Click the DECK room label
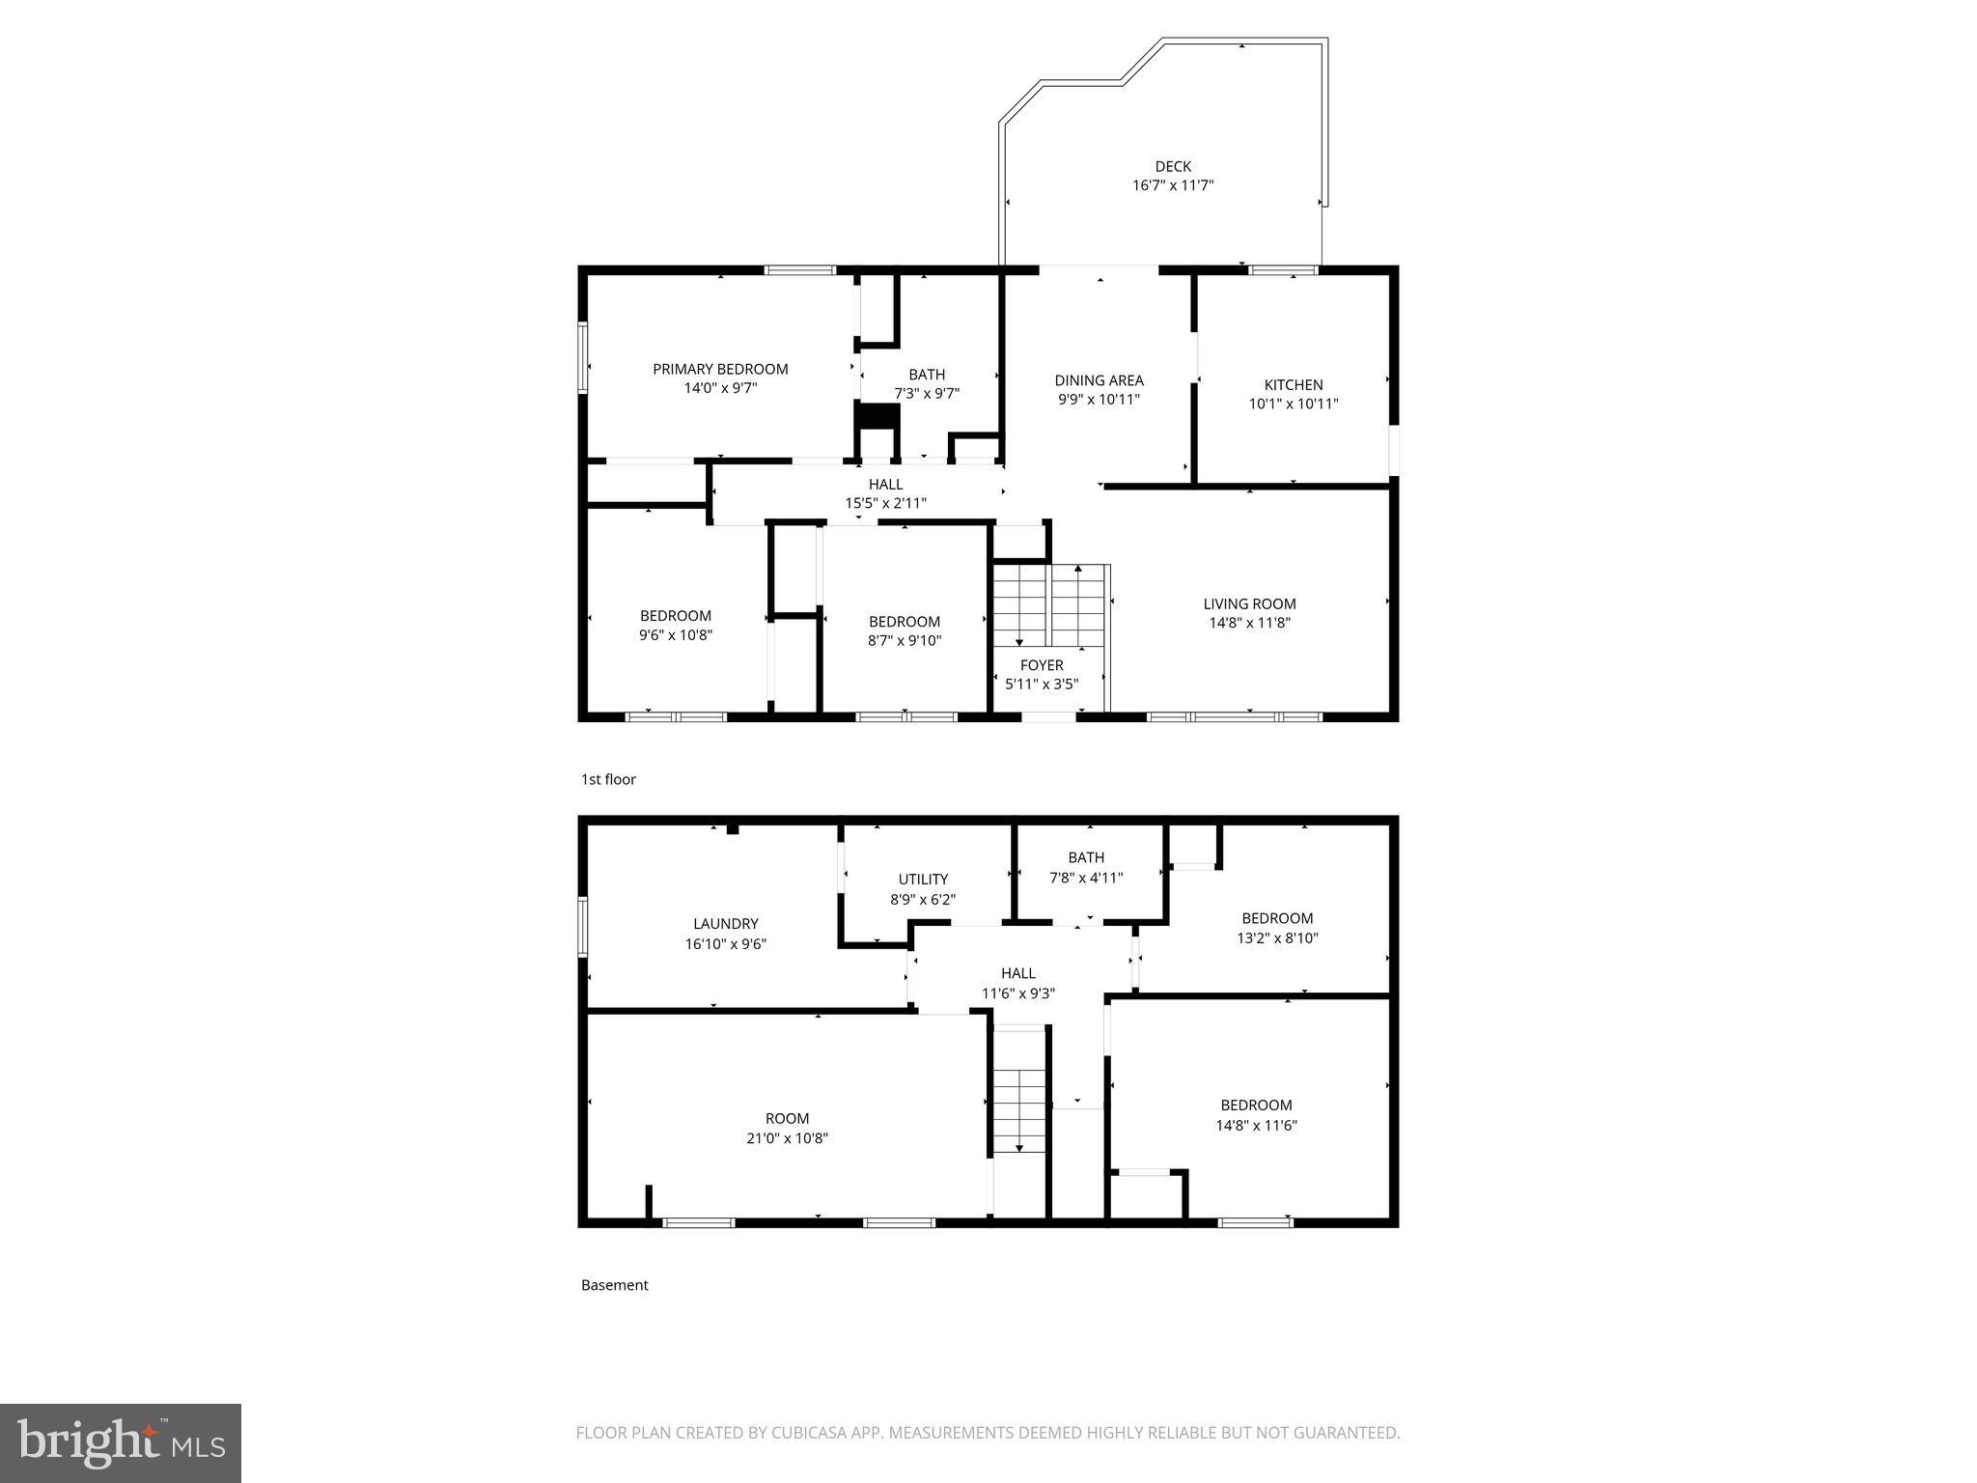tap(1173, 166)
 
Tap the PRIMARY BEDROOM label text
tap(720, 369)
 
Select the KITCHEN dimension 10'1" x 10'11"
tap(1294, 404)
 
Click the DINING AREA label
tap(1099, 380)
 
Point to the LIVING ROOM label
tap(1249, 603)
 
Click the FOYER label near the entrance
tap(1042, 665)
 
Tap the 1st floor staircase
tap(1049, 606)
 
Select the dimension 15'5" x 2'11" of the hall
tap(885, 503)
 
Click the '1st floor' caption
tap(608, 779)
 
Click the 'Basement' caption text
tap(614, 1285)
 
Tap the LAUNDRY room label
tap(725, 924)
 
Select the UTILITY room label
tap(923, 879)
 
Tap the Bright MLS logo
tap(121, 1443)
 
